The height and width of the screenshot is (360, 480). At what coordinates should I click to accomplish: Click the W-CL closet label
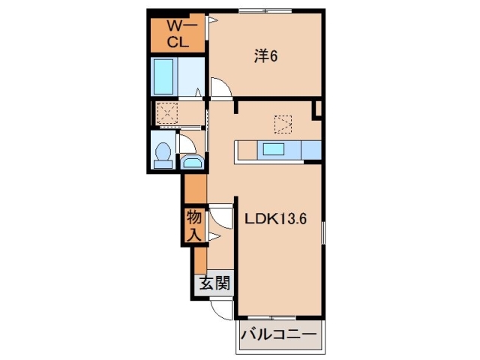[177, 34]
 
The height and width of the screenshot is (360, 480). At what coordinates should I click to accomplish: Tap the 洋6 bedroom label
[265, 56]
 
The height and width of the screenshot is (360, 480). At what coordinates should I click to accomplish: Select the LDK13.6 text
[274, 219]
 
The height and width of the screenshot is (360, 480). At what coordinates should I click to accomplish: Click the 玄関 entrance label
[213, 283]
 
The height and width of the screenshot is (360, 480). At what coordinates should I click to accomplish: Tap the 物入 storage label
[193, 226]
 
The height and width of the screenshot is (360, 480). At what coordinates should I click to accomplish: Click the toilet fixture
[160, 153]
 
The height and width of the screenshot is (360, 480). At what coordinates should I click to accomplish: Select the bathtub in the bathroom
[163, 75]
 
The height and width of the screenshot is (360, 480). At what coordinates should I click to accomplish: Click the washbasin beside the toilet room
[192, 163]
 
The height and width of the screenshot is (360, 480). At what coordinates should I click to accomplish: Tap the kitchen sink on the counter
[273, 149]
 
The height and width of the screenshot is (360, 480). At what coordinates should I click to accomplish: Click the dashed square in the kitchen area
[283, 122]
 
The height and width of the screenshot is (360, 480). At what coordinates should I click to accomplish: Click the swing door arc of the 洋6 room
[222, 89]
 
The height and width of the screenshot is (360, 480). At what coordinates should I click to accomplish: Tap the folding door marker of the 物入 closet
[212, 236]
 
